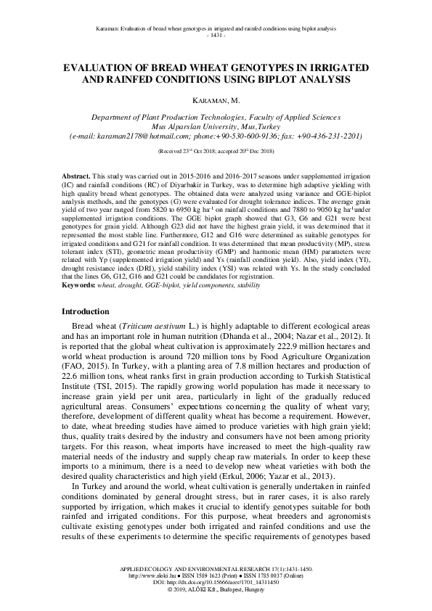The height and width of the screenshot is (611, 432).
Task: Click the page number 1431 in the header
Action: coord(216,35)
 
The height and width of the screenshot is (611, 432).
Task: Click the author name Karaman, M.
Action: coord(216,99)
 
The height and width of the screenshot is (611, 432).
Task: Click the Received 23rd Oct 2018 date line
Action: coord(216,151)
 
